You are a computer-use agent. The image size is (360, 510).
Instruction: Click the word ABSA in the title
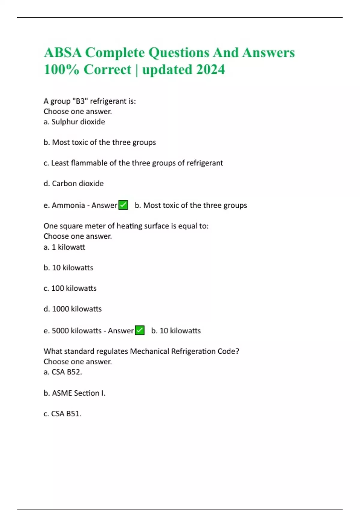[63, 53]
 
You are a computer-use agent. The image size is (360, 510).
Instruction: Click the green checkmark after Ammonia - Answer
[123, 205]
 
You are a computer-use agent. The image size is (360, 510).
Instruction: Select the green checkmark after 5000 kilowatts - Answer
[139, 330]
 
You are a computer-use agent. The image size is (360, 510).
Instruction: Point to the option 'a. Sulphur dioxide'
[74, 122]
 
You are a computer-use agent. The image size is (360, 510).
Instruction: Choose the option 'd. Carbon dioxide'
[73, 183]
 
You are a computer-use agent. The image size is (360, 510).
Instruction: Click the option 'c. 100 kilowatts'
[70, 288]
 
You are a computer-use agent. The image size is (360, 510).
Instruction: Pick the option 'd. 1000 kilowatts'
[73, 309]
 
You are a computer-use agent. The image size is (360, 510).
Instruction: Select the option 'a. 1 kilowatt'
[64, 247]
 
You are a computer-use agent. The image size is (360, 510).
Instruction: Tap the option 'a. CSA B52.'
[63, 372]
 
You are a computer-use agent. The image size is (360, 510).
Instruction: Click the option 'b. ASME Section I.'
[74, 393]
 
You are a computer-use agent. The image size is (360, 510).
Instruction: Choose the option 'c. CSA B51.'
[62, 414]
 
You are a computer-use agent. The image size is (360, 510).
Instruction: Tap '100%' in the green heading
[61, 70]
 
